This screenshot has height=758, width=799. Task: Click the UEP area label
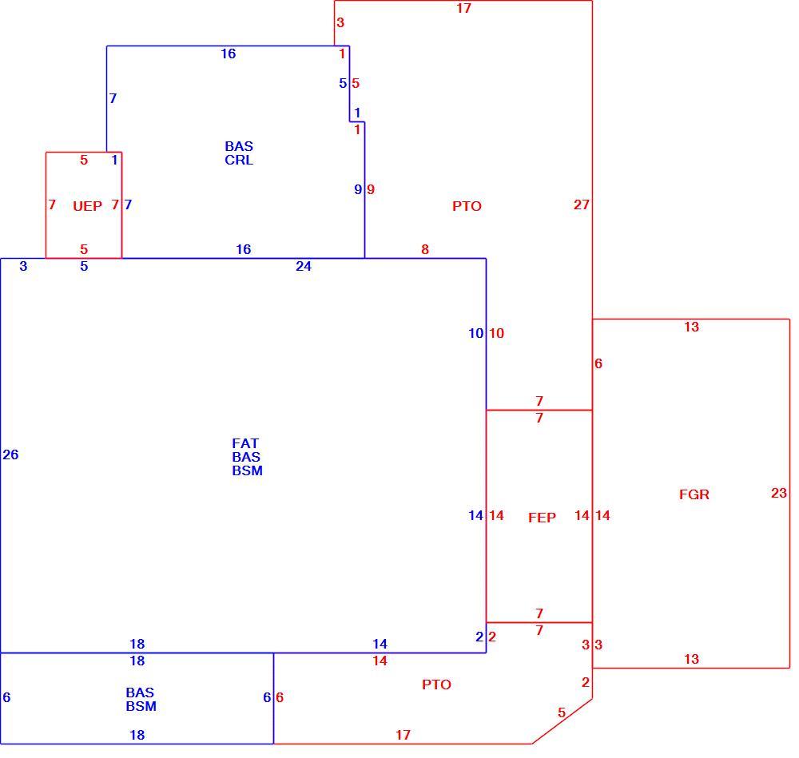[87, 206]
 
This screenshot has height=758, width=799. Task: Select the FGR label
[694, 494]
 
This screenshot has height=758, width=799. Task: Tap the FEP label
[542, 518]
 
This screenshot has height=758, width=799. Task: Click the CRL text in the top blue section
[239, 160]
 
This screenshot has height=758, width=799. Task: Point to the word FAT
[245, 443]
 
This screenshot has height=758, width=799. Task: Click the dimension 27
[582, 204]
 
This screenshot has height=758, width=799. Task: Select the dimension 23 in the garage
[778, 493]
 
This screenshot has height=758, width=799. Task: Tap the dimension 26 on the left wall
[10, 454]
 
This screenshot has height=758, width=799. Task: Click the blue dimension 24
[303, 266]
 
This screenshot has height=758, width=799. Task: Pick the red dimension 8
[425, 249]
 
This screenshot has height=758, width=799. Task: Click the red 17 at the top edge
[463, 8]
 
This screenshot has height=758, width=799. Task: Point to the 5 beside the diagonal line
[562, 712]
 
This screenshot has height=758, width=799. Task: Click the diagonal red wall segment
[562, 721]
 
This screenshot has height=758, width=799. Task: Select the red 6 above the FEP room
[598, 363]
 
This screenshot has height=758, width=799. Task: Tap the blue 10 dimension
[476, 333]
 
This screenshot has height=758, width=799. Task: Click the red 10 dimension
[497, 333]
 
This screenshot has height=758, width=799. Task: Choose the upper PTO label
[467, 206]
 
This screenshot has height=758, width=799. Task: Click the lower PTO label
[436, 685]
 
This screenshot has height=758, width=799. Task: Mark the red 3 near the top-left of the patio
[340, 22]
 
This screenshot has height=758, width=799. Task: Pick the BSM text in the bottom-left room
[141, 706]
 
